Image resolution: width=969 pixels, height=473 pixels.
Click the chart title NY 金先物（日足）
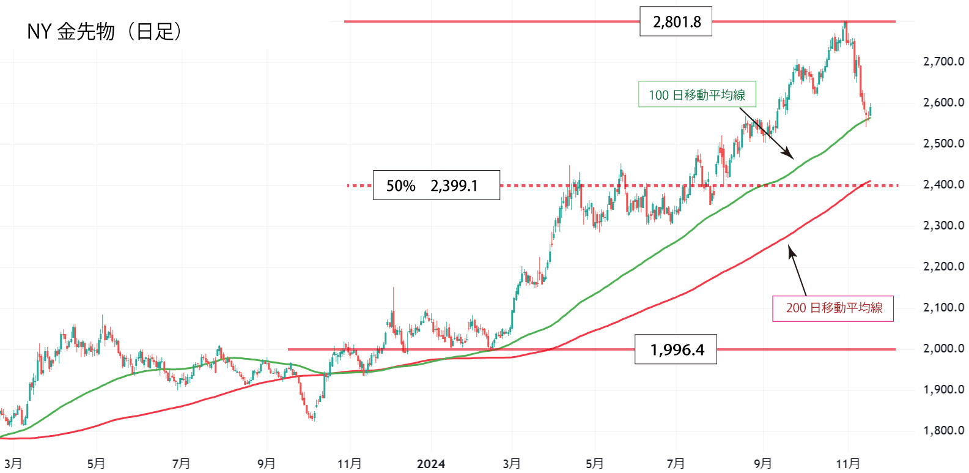coord(104,31)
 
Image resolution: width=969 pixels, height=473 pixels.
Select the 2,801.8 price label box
coord(676,22)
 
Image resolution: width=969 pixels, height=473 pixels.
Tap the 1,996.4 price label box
coord(676,349)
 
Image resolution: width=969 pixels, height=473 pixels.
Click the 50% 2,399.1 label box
coord(436,185)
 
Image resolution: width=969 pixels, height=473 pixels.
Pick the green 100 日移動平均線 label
coord(697,95)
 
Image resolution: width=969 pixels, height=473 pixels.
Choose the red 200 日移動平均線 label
coord(833,308)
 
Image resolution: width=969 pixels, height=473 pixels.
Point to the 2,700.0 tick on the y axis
coord(943,61)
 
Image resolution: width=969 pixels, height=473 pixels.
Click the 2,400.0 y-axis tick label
coord(943,184)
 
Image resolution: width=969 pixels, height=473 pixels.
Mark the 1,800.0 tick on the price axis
coord(943,430)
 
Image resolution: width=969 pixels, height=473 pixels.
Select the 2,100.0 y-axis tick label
coord(943,307)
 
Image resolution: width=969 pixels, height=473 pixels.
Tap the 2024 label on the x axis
coord(431,464)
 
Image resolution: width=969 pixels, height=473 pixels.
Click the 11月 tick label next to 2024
coord(349,464)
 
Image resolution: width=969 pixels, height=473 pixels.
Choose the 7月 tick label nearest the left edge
coord(181,464)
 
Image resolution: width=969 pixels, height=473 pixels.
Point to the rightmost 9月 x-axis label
coord(762,464)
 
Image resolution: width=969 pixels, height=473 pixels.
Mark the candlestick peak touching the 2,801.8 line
coord(846,23)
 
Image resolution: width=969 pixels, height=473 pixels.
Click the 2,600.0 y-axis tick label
coord(943,102)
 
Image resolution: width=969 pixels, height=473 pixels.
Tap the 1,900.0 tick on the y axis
coord(943,389)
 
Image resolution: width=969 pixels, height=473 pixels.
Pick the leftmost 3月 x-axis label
coord(12,464)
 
